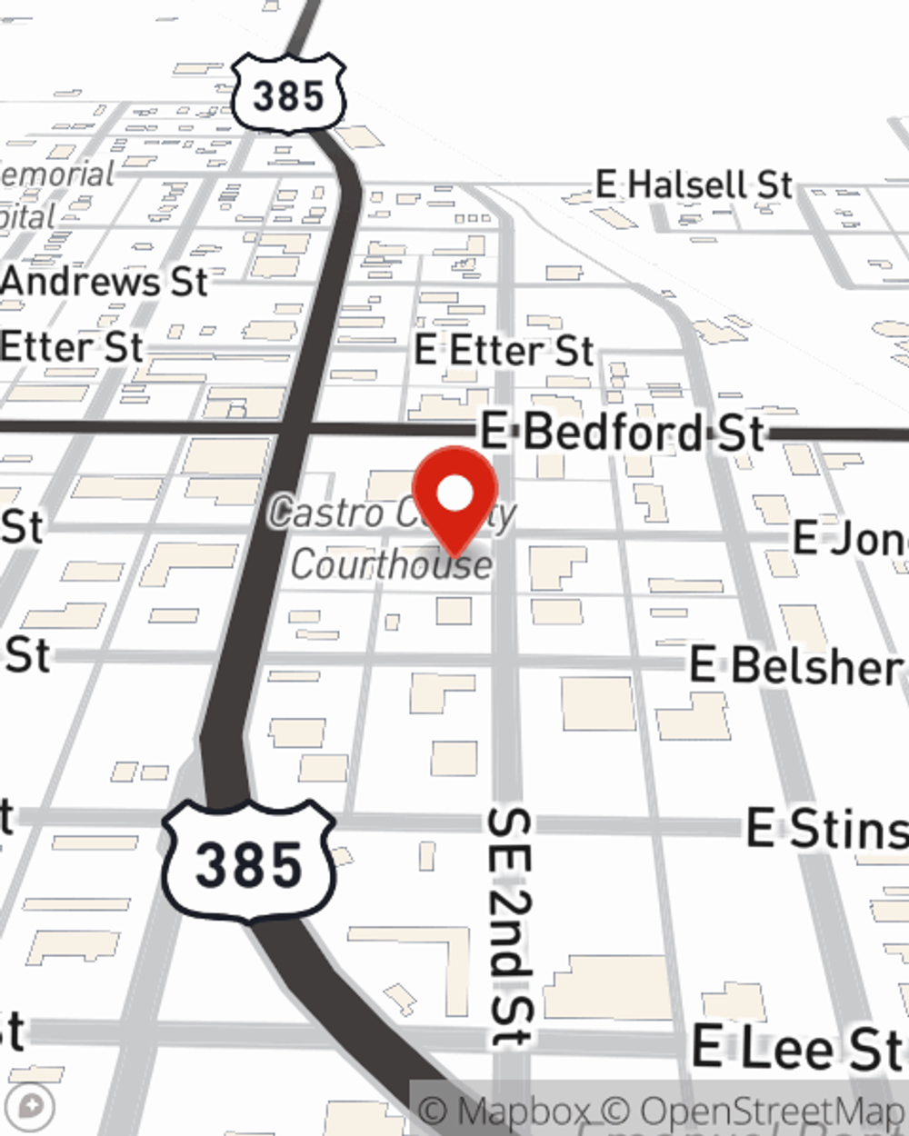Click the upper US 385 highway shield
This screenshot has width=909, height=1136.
[x=288, y=94]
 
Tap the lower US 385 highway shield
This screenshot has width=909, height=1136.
[x=248, y=862]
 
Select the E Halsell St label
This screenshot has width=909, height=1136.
[x=694, y=185]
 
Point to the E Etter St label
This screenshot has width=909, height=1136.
[x=504, y=350]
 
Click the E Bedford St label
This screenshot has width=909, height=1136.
[x=622, y=431]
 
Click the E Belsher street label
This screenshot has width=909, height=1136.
[x=796, y=665]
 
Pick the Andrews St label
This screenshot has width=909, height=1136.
[x=105, y=282]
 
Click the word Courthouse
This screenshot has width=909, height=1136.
[x=392, y=564]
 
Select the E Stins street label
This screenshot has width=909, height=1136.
[x=825, y=829]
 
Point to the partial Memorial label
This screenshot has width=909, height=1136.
[x=56, y=174]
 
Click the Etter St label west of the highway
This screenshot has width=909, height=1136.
[x=71, y=347]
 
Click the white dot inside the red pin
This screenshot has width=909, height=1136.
[x=455, y=495]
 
